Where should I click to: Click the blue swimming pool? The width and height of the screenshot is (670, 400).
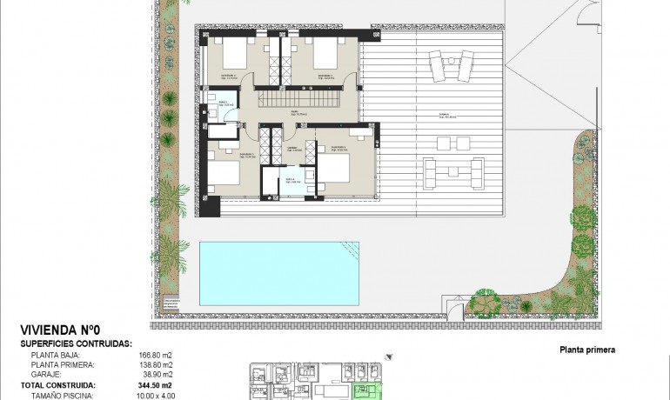click(x=279, y=272)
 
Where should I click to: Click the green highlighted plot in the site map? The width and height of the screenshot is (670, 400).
click(x=369, y=391)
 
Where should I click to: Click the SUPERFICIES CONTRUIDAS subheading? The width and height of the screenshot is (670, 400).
click(x=76, y=343)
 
